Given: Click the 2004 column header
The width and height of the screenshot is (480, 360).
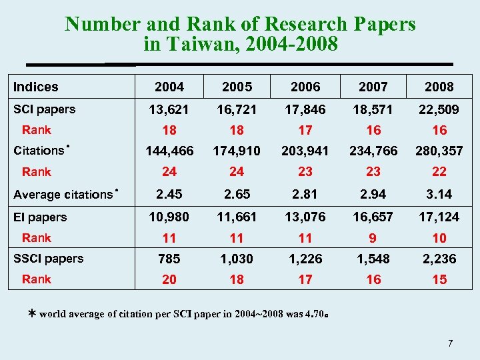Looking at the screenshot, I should (169, 87).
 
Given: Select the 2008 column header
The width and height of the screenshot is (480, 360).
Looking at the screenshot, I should (439, 87).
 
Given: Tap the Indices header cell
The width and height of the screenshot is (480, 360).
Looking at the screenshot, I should (36, 87).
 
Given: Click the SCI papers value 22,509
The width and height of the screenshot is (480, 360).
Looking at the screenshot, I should (439, 109).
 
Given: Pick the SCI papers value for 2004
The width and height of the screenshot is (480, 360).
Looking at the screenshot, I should (169, 109).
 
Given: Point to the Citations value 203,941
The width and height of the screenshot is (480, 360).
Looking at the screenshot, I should (305, 151).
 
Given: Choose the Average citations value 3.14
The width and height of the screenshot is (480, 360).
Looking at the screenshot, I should (439, 194).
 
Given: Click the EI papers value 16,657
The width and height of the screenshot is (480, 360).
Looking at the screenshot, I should (373, 217).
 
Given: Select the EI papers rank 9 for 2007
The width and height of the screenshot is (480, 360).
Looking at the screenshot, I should (373, 238).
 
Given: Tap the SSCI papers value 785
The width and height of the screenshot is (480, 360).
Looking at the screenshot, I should (169, 259).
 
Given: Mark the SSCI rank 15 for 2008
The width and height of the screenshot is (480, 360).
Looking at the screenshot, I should (439, 280).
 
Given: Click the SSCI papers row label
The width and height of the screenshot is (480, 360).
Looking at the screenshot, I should (49, 259).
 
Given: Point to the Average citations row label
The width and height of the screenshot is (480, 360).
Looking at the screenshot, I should (64, 195).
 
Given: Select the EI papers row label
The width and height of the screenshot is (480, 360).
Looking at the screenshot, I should (41, 217).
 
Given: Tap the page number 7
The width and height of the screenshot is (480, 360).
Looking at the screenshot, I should (451, 343).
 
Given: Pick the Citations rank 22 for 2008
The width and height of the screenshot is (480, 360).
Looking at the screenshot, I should (439, 172).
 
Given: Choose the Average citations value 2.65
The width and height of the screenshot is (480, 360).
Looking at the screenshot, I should (237, 194).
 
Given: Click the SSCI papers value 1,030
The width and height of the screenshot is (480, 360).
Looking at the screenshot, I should (237, 259).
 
